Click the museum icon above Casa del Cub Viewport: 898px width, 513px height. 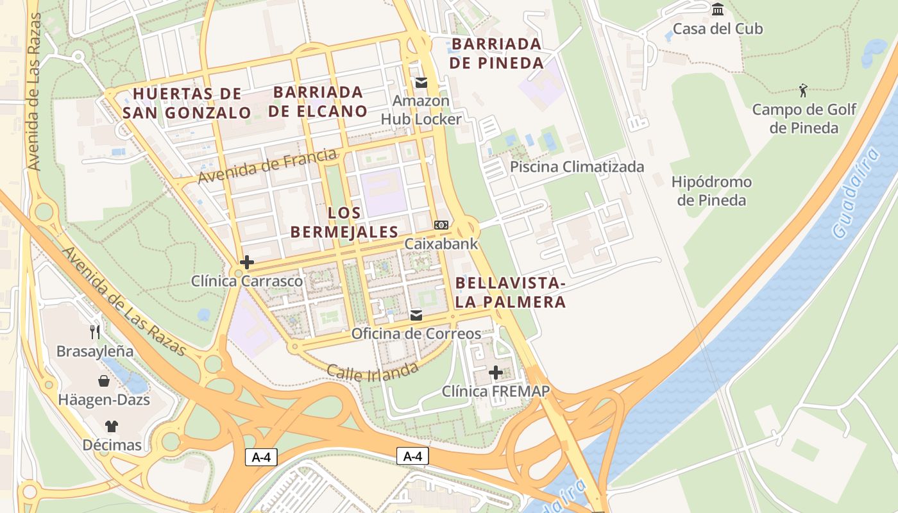(x=718, y=10)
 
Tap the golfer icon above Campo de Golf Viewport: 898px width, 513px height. (x=803, y=90)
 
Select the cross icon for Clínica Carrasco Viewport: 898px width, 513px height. (x=247, y=262)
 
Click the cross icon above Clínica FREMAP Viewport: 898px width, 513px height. (x=496, y=373)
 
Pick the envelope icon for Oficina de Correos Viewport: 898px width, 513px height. (x=416, y=315)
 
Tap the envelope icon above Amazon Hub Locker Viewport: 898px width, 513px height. (x=421, y=82)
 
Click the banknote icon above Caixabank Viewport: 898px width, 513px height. (x=441, y=225)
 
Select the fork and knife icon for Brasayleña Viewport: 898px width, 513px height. (x=95, y=332)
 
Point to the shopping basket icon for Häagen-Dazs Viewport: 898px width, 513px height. (x=104, y=381)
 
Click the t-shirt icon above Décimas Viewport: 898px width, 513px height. (x=112, y=426)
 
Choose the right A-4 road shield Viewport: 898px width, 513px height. (x=412, y=456)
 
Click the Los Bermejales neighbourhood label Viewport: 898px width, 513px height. (x=344, y=222)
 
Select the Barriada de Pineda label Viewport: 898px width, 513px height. (x=496, y=53)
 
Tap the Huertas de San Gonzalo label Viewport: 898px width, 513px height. (x=187, y=103)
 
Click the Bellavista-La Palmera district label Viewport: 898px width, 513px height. (x=511, y=292)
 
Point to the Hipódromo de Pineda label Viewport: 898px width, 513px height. (x=711, y=191)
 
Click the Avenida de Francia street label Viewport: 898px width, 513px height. (x=267, y=165)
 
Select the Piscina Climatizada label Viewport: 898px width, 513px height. (x=577, y=167)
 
